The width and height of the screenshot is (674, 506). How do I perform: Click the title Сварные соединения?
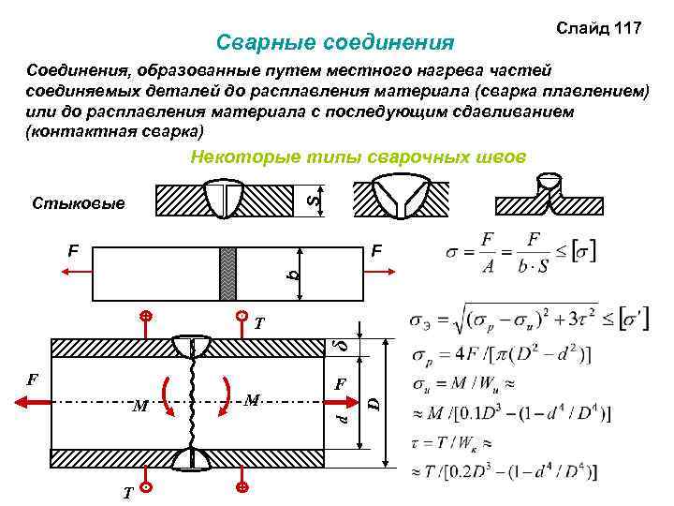(334, 42)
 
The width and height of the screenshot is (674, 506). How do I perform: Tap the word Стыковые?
(79, 202)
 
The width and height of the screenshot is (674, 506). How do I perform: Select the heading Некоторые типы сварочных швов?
(359, 156)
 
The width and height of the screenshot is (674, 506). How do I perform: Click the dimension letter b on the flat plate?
(293, 274)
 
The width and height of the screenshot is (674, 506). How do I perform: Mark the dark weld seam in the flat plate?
(227, 274)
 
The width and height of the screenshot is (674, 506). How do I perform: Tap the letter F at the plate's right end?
(376, 251)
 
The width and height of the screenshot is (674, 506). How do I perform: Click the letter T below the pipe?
(126, 493)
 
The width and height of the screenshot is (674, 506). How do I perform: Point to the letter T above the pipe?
(259, 325)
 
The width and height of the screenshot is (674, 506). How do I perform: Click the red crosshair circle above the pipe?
(146, 316)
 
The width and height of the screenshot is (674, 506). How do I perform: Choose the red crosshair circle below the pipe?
(242, 488)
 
